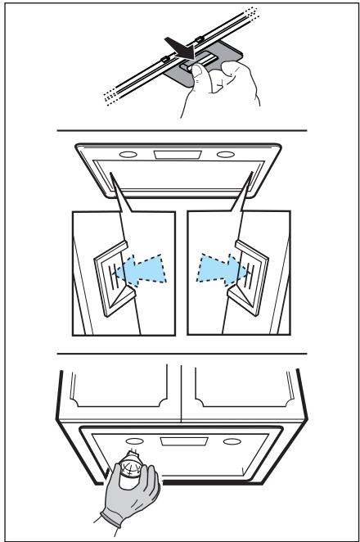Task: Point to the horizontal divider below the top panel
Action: (x=180, y=131)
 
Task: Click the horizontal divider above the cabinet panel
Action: (x=180, y=355)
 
